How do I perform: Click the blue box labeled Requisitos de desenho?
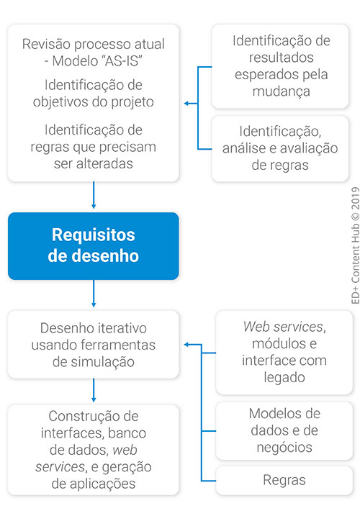(x=93, y=246)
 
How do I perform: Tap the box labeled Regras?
(x=284, y=480)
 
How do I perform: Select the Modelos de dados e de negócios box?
(x=284, y=430)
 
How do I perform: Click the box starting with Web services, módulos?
(x=284, y=352)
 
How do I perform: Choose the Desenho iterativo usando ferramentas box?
(x=93, y=345)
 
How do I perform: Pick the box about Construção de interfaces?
(x=93, y=450)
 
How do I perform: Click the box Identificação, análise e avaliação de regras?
(x=280, y=148)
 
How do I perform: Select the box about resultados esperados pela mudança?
(x=280, y=66)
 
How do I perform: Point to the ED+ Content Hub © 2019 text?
(x=356, y=245)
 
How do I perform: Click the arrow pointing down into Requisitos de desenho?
(x=94, y=195)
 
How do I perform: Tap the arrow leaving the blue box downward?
(x=94, y=293)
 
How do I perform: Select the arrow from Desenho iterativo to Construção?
(x=94, y=390)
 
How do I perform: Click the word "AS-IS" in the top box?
(x=122, y=61)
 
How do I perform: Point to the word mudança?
(x=282, y=92)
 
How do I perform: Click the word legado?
(x=284, y=377)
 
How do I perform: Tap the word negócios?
(x=284, y=448)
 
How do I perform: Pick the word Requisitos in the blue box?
(x=93, y=235)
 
